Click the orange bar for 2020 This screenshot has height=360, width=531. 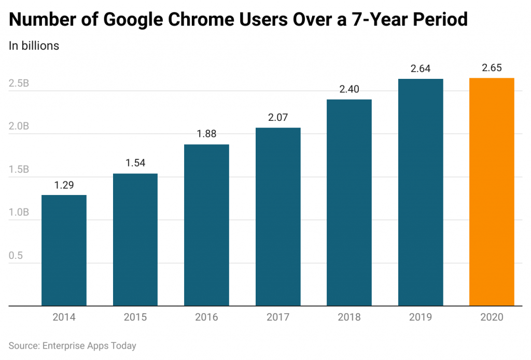(x=492, y=192)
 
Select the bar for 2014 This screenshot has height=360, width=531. (x=64, y=251)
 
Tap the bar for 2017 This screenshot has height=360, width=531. (x=278, y=217)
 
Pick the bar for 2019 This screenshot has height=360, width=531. (x=421, y=192)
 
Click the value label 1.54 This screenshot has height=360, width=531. (x=135, y=163)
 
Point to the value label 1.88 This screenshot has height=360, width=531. (x=206, y=134)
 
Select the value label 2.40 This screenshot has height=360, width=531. (x=349, y=89)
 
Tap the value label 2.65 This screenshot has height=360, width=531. (x=492, y=68)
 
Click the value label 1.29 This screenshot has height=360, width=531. (x=64, y=185)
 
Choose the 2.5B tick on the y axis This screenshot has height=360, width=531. (x=19, y=84)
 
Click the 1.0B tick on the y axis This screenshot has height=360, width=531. (x=19, y=213)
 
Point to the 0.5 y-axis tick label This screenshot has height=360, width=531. (x=16, y=256)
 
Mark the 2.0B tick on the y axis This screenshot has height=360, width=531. (x=19, y=127)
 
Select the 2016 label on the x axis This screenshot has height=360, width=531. (x=206, y=317)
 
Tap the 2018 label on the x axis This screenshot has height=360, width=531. (x=349, y=317)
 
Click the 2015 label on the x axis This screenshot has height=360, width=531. (x=135, y=317)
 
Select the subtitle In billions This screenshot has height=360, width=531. (x=34, y=46)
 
